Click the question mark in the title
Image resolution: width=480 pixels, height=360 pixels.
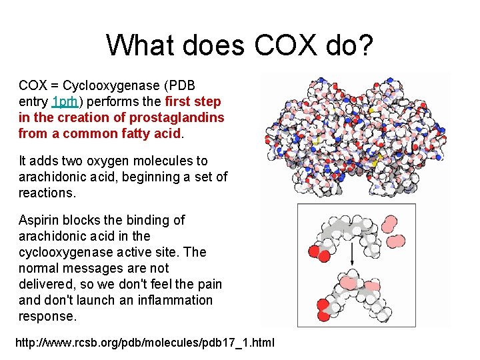pos(367,45)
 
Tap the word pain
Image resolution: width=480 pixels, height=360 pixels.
pos(209,284)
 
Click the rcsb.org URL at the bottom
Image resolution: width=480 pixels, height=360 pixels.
pos(144,343)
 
